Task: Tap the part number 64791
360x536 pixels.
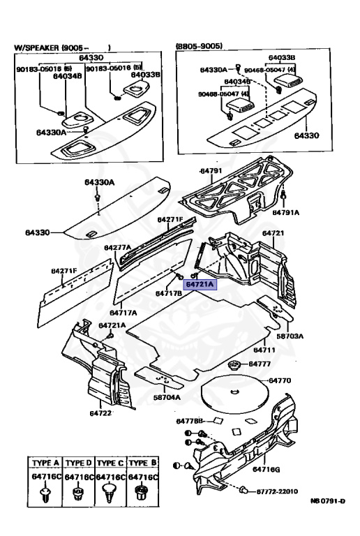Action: tap(211, 171)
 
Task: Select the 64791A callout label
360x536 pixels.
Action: tap(285, 212)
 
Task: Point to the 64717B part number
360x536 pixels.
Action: tap(169, 293)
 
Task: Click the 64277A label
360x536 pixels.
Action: tap(117, 248)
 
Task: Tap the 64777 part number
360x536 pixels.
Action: tap(259, 364)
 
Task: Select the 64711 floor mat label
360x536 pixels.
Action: tap(265, 350)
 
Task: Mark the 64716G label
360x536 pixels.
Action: tap(266, 469)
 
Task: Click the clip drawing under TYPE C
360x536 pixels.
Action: tap(110, 496)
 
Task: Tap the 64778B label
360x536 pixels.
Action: tap(189, 421)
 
